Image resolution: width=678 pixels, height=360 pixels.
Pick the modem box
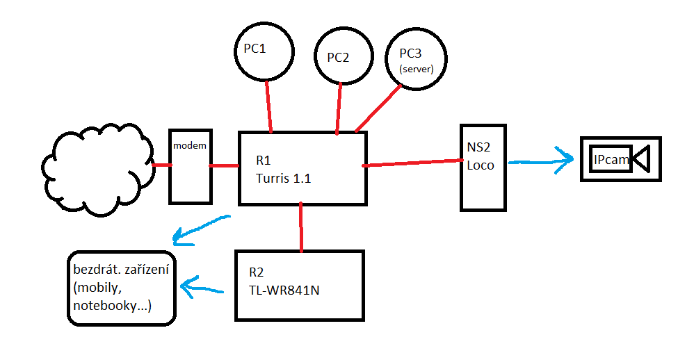(189, 165)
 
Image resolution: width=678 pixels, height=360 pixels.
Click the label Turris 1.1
(283, 179)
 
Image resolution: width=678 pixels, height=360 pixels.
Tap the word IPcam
(611, 160)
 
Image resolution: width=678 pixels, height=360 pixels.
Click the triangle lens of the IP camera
(643, 159)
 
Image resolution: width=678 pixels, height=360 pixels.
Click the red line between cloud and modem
(161, 165)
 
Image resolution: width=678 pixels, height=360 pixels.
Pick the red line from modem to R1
(224, 165)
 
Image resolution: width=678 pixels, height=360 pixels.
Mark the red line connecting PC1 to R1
(268, 106)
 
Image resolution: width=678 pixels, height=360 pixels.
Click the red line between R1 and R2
(301, 227)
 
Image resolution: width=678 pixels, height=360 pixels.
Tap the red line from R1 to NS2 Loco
(413, 164)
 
